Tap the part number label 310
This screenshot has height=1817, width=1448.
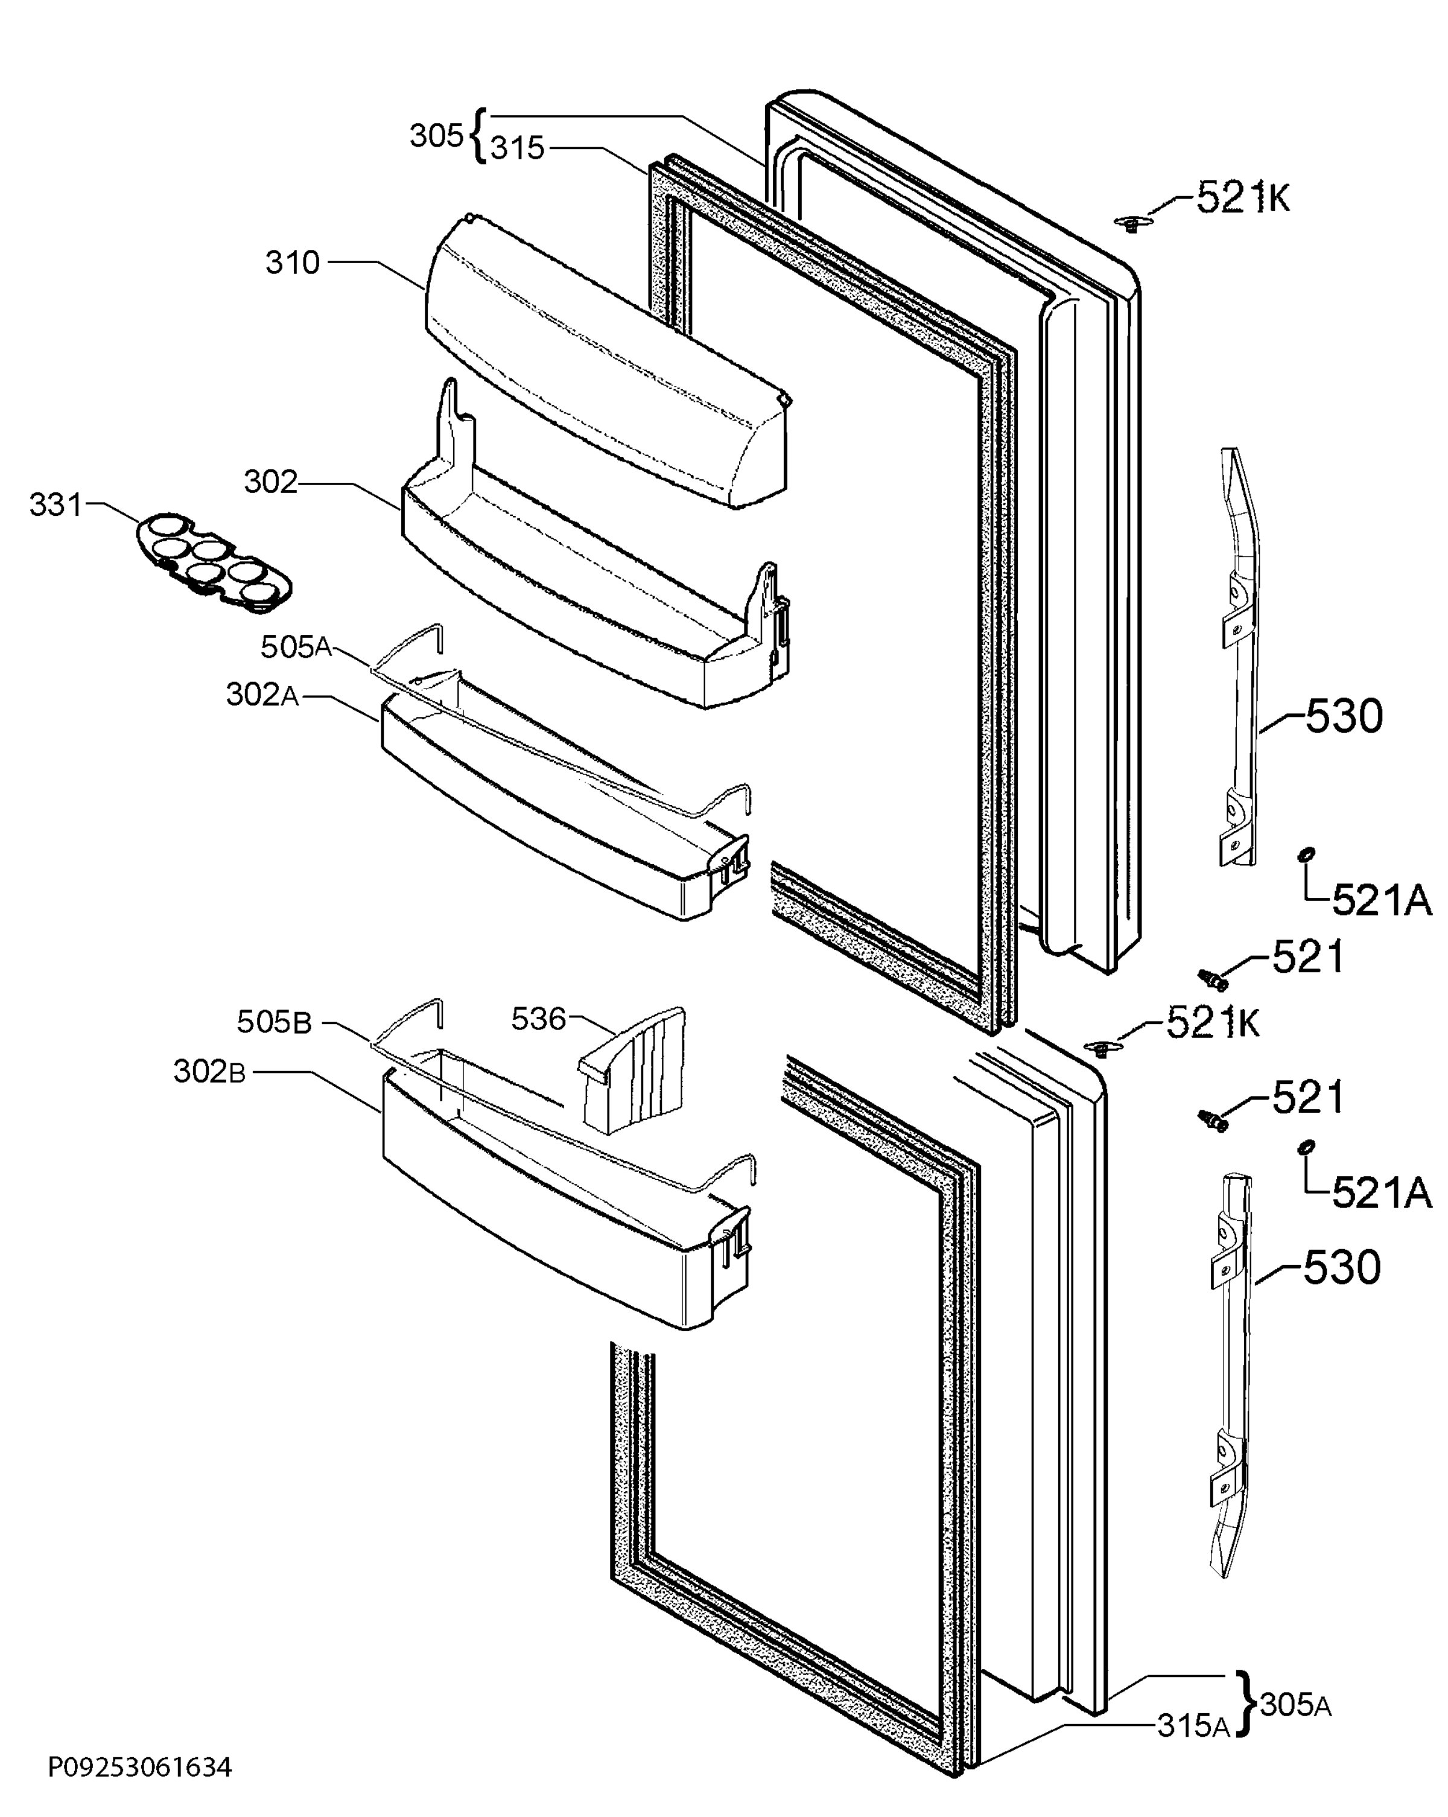tap(293, 263)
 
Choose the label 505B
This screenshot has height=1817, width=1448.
tap(274, 1022)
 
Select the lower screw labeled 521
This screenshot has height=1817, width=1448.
tap(1212, 1119)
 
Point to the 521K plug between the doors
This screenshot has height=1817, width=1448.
tap(1097, 1048)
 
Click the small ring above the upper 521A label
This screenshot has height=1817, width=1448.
tap(1306, 856)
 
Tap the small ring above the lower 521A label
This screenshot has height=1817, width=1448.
tap(1306, 1147)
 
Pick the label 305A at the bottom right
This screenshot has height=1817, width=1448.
tap(1295, 1706)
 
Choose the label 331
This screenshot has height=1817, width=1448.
tap(56, 505)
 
